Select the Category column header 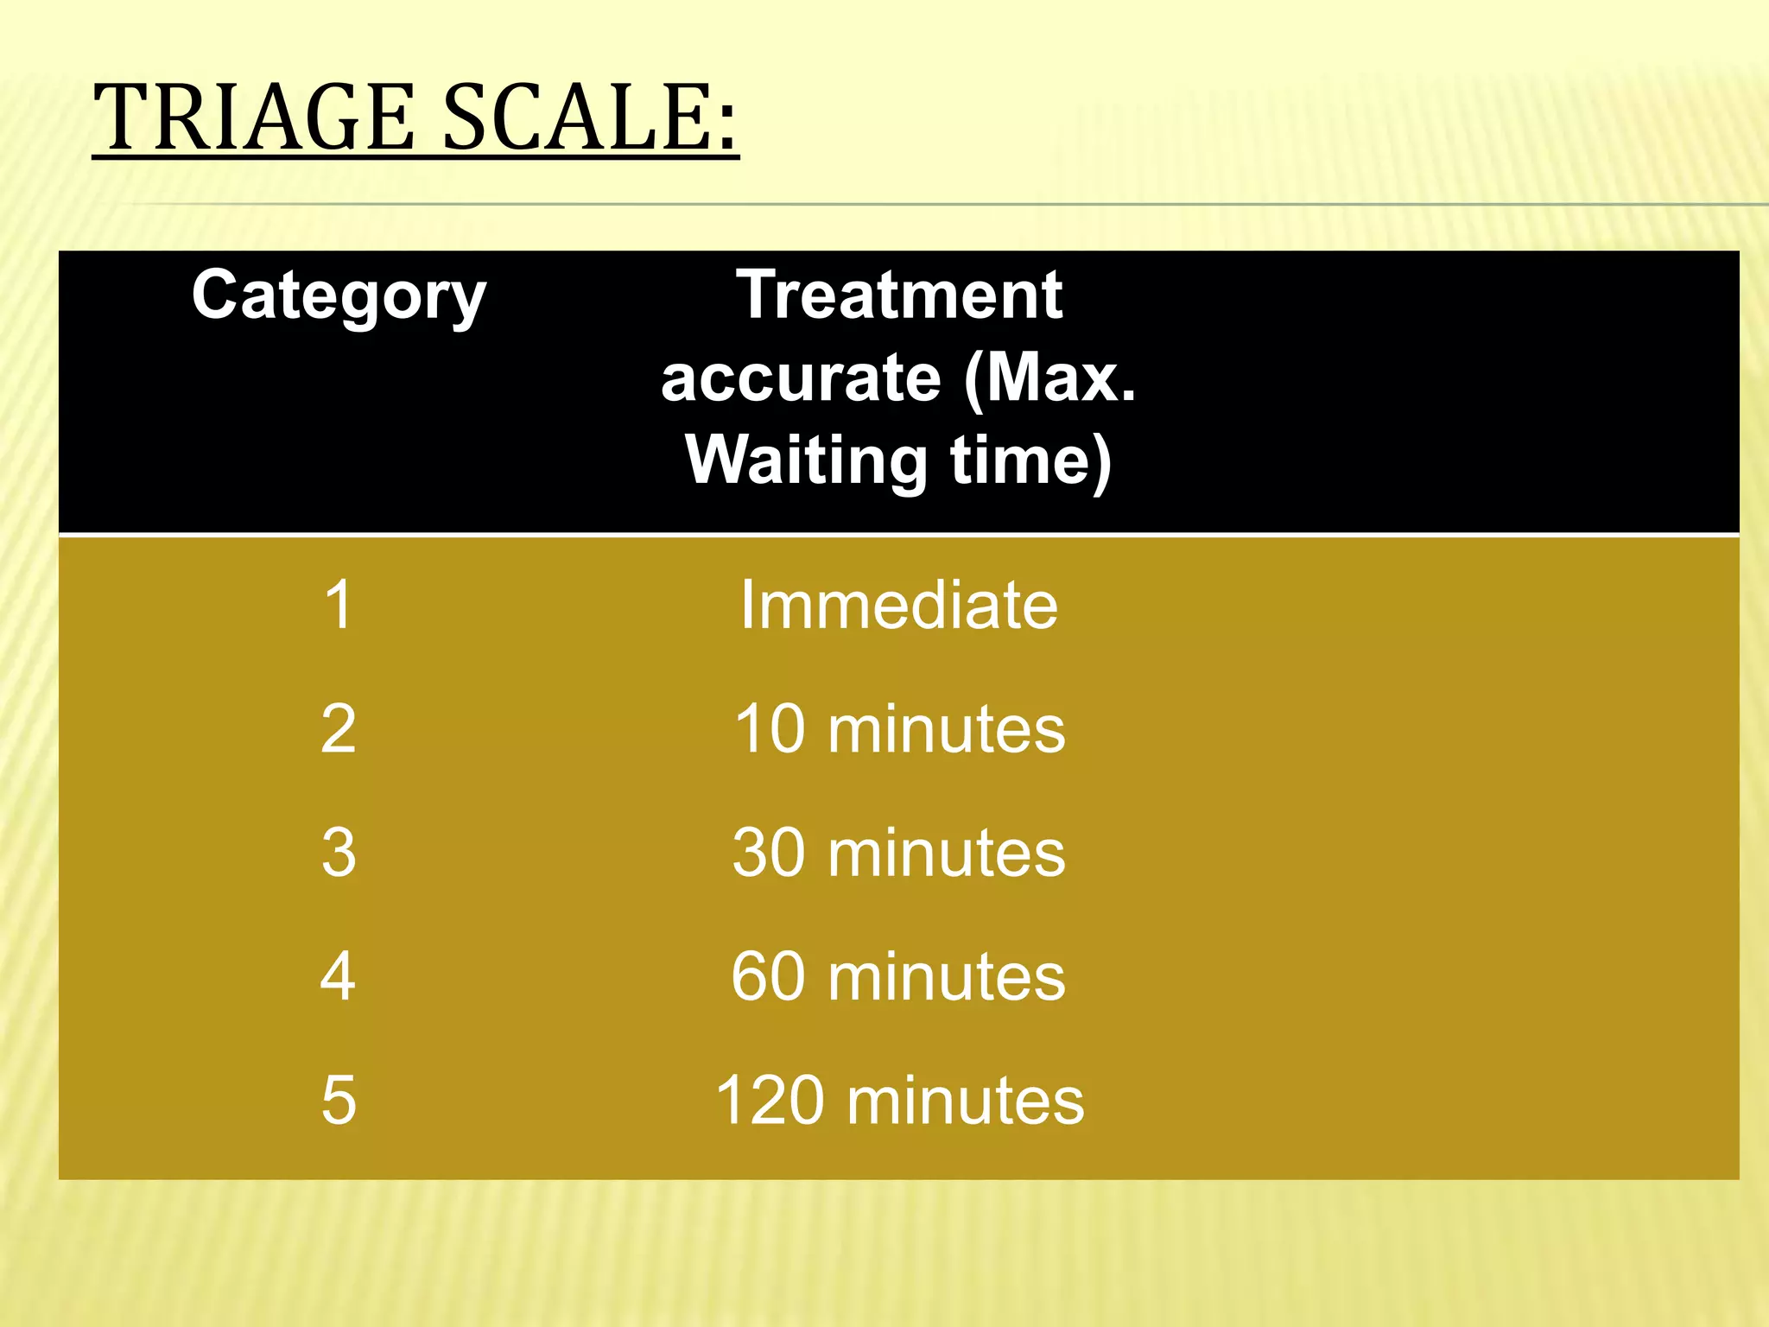click(x=339, y=296)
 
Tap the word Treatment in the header click(x=899, y=295)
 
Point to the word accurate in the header click(x=801, y=378)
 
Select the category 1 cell click(x=339, y=605)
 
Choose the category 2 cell click(x=339, y=729)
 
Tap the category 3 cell click(x=339, y=853)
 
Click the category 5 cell click(x=339, y=1101)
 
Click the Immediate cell click(x=899, y=605)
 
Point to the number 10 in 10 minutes click(x=770, y=729)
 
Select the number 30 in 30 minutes click(x=770, y=853)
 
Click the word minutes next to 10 click(x=947, y=729)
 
